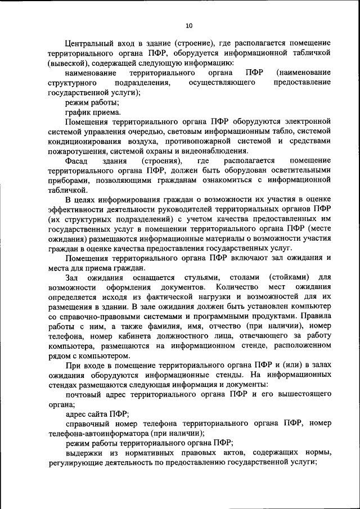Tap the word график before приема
(x=78, y=112)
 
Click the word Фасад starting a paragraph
(x=76, y=161)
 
